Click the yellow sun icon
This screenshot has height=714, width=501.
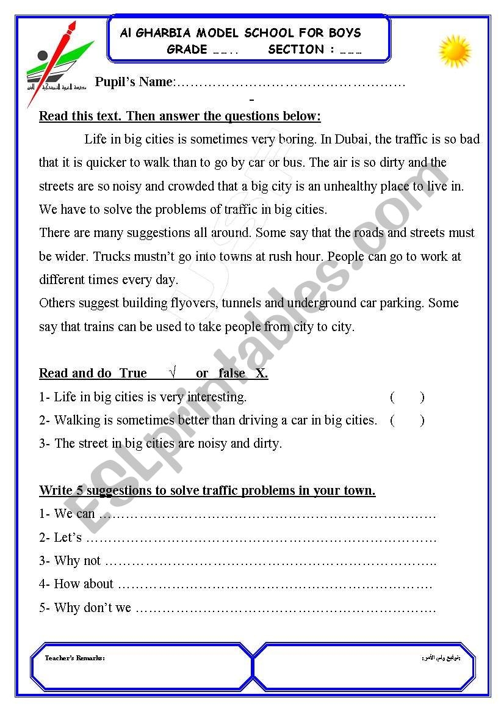tap(455, 51)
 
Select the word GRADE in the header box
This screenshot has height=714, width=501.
tap(187, 49)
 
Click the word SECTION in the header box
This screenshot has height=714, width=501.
tap(295, 49)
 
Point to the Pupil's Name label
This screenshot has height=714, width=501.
tap(134, 82)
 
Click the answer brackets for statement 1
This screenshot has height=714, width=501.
tap(407, 397)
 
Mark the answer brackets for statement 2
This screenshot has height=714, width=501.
tap(407, 420)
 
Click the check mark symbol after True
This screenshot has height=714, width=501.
tap(173, 373)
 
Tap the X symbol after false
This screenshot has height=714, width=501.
tap(261, 373)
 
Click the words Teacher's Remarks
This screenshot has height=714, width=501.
tap(74, 658)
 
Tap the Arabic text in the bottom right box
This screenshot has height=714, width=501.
tap(441, 658)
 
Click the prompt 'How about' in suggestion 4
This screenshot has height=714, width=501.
tap(84, 584)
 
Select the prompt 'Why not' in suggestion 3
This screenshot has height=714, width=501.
tap(77, 561)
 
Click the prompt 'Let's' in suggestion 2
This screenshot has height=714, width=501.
tap(68, 537)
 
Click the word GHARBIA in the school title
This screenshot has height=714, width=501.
tap(161, 33)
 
